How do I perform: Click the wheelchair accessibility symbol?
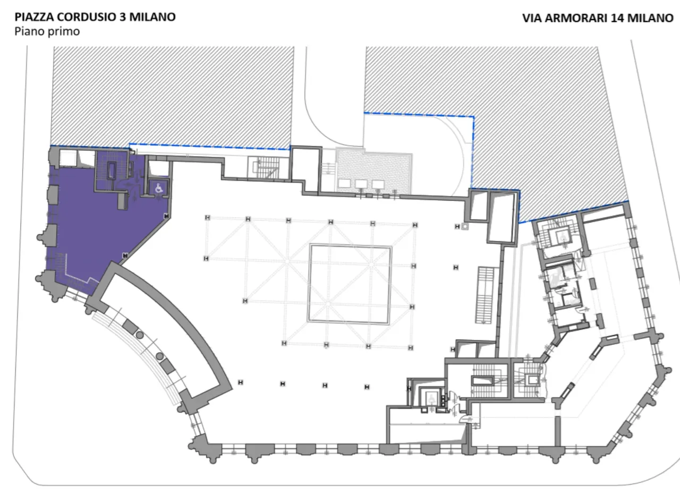click(x=158, y=187)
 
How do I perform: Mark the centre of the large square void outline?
click(x=350, y=284)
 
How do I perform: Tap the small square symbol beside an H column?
click(x=465, y=226)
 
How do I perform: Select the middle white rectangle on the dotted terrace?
click(x=361, y=184)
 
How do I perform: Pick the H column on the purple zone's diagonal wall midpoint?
click(x=125, y=255)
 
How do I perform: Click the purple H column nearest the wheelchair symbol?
click(x=166, y=216)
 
